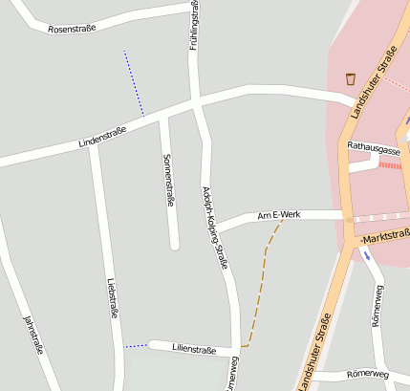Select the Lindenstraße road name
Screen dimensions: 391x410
(x=103, y=140)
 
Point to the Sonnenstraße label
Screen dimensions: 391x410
(x=168, y=180)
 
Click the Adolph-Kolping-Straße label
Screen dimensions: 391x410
(x=214, y=227)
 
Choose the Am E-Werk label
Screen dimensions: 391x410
(x=279, y=216)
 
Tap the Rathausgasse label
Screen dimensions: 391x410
(x=374, y=149)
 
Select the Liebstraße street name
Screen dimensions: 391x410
(x=113, y=296)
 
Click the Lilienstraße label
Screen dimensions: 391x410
(x=195, y=350)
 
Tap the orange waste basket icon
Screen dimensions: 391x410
(x=351, y=78)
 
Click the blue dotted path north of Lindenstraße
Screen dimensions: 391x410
(x=134, y=84)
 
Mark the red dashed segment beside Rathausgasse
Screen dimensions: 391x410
(x=390, y=164)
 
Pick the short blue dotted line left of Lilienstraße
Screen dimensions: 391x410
(x=135, y=345)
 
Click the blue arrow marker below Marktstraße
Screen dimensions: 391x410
(x=366, y=254)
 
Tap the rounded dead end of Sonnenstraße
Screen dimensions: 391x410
(x=174, y=246)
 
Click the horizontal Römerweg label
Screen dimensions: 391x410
(x=367, y=374)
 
